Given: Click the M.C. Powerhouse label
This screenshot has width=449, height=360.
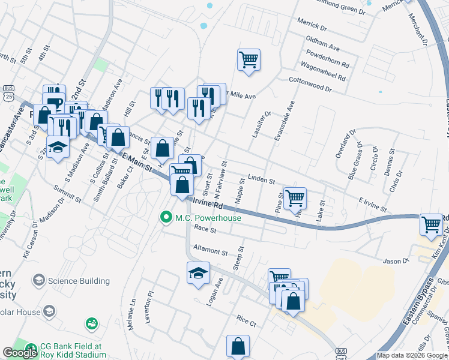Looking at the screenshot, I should coord(208,218).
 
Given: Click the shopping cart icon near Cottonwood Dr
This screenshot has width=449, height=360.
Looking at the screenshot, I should coord(249,60).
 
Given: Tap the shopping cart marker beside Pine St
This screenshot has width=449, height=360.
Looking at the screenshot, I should coord(295,197).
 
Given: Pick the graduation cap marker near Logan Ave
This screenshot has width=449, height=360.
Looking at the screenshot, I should coord(198,274).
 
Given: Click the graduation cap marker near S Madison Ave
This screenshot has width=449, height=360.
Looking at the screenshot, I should coord(58,148).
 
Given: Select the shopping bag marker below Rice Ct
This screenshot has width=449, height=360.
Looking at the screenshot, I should coord(238,346).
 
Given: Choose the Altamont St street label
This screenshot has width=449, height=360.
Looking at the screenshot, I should coord(211,251).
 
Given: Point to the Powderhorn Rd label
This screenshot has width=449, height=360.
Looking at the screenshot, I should coord(327,63).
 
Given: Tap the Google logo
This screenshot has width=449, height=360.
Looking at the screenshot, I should coord(20,353).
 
